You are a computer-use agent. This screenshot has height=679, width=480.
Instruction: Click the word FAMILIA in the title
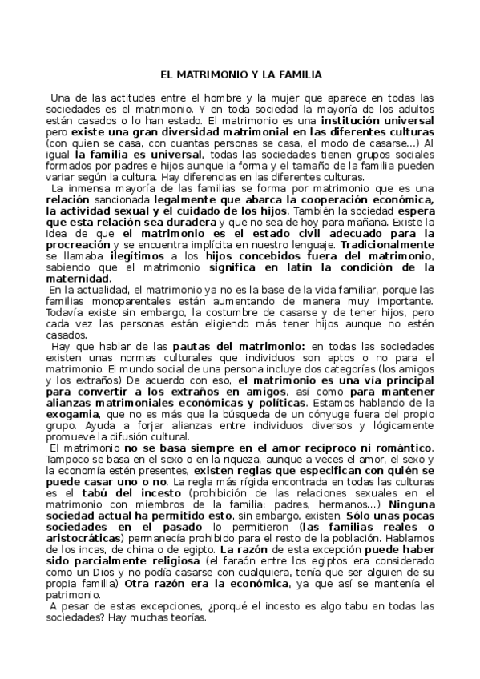[298, 74]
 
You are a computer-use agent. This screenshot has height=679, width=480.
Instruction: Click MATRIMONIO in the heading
[211, 74]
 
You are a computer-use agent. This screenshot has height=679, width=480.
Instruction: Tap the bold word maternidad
[76, 276]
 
